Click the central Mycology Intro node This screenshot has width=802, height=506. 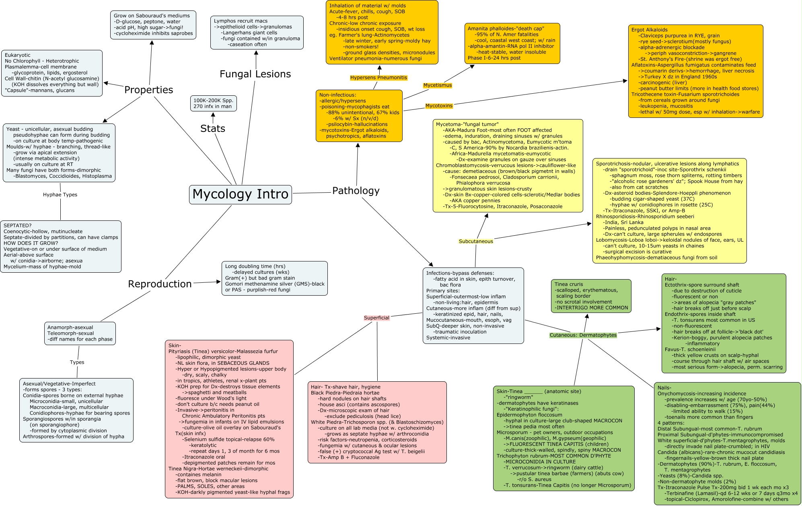point(241,194)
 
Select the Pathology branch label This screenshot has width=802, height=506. point(356,191)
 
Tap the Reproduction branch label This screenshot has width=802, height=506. point(160,284)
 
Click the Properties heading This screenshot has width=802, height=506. point(148,90)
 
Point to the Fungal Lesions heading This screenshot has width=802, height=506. point(255,74)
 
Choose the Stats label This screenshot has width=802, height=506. point(213,129)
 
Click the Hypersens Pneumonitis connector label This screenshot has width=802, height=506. point(378,78)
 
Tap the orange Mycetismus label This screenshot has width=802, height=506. point(438,85)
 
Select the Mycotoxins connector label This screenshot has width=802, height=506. point(439,106)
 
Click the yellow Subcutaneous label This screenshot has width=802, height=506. point(476,241)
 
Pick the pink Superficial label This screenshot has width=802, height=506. point(376,318)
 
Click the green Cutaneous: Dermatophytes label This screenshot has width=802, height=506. point(583,335)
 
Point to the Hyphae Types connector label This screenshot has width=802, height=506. point(60,195)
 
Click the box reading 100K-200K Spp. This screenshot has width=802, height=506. point(213,103)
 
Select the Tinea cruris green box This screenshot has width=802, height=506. point(591,296)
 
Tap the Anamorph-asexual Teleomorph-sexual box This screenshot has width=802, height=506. point(80,333)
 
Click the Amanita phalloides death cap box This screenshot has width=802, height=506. point(512,43)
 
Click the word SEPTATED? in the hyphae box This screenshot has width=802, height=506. point(17,226)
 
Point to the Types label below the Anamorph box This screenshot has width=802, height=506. point(77,362)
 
